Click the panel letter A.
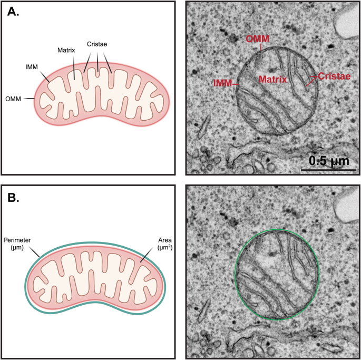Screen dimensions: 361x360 tap(13, 12)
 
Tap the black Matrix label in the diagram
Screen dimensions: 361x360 tap(66, 50)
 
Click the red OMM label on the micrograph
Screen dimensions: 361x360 tap(258, 40)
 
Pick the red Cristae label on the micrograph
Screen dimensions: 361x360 tap(335, 77)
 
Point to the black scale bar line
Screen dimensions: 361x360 tap(327, 170)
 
